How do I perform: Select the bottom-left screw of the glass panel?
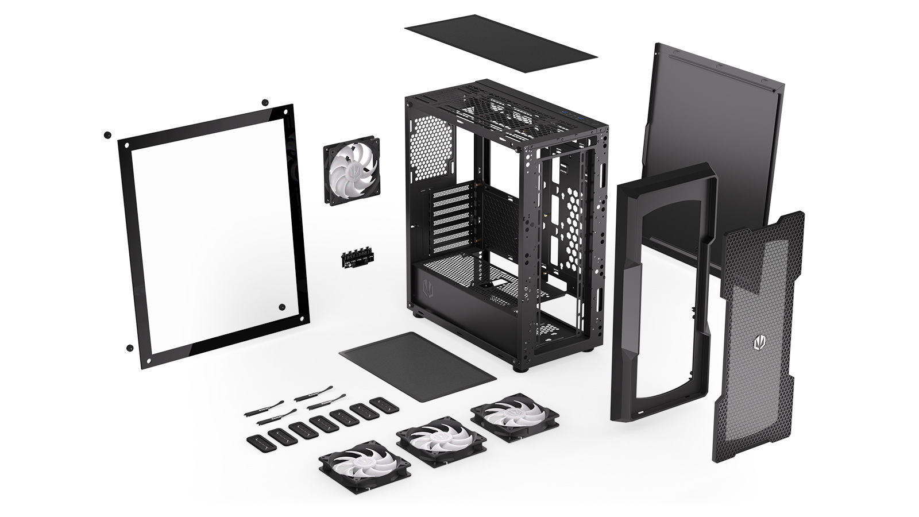(x=130, y=348)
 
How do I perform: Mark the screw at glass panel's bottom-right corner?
(x=281, y=307)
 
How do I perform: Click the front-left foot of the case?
(x=521, y=368)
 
